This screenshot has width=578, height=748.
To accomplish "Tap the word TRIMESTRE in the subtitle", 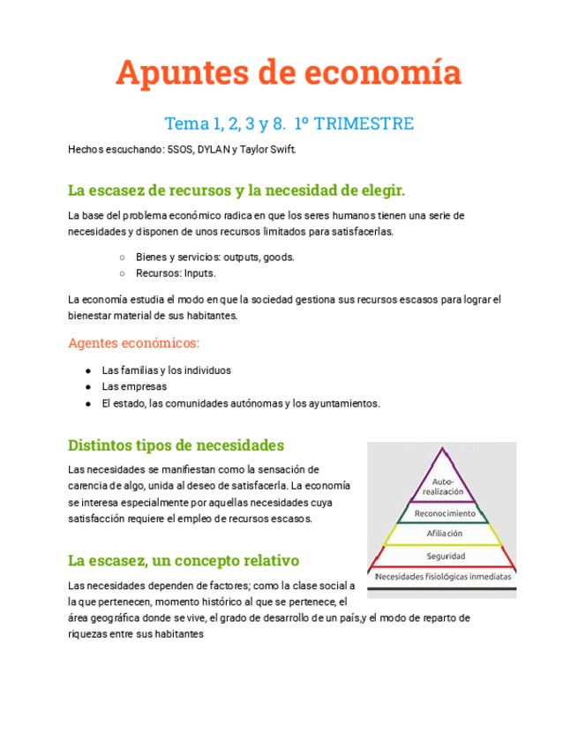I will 363,123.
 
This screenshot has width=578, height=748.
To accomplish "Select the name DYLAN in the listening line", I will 210,149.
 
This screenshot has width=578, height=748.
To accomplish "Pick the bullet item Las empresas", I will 134,386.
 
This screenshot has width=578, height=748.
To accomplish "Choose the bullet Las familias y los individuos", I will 166,370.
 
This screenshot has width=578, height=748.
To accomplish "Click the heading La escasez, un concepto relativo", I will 184,560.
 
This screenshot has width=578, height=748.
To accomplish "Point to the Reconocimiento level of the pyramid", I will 445,512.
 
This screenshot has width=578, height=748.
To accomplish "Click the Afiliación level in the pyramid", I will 445,534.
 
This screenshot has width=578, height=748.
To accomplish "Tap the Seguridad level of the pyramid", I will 445,556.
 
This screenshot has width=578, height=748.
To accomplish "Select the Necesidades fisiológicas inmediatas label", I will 445,576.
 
